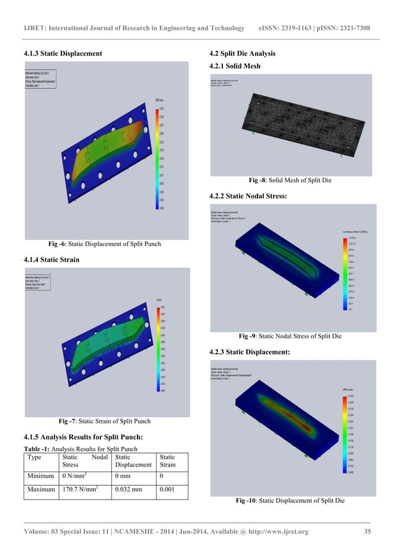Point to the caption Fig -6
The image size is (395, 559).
tap(100, 244)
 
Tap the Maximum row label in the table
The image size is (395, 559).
tap(43, 490)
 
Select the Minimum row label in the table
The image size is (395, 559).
tap(42, 476)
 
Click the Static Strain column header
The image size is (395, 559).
tap(169, 460)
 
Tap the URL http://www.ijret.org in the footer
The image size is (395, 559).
tap(278, 531)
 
